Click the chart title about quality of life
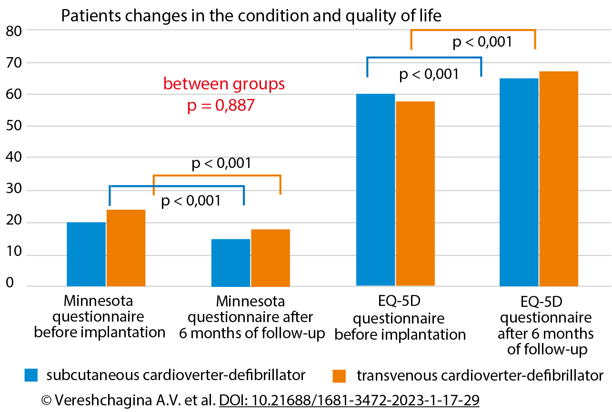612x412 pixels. click(251, 16)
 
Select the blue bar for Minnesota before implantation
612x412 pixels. click(86, 254)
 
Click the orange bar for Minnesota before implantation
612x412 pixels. click(126, 248)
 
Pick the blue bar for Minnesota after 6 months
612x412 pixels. click(231, 263)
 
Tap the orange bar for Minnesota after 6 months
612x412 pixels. click(270, 258)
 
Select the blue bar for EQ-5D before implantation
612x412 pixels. click(375, 190)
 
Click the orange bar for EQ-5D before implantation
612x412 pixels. click(415, 194)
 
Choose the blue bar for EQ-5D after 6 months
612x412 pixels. click(519, 182)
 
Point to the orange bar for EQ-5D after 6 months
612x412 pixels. click(558, 179)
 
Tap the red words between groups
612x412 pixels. click(224, 84)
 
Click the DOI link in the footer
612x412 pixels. click(349, 400)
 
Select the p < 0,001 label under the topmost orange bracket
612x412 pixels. click(482, 42)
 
